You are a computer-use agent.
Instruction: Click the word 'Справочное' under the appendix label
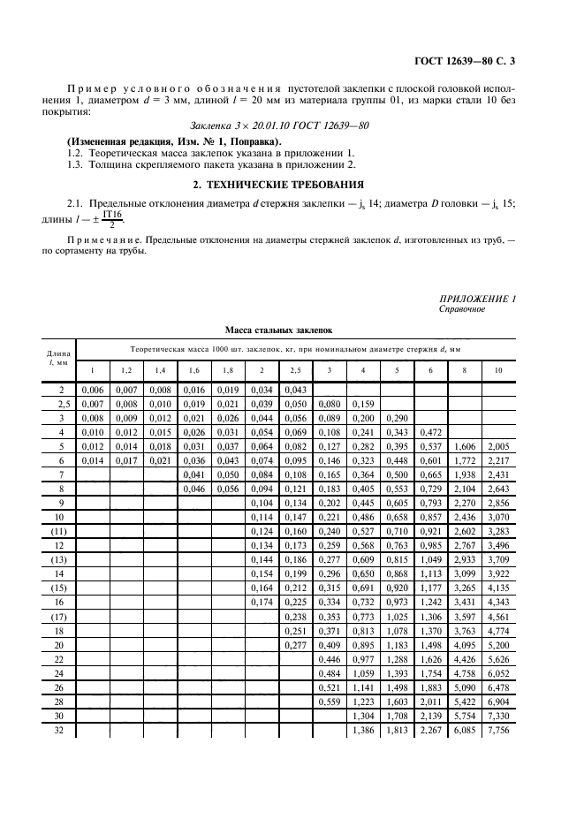(461, 309)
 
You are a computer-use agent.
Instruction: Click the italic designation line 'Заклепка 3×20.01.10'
(279, 125)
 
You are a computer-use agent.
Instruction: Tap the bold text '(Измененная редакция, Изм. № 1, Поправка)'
(174, 141)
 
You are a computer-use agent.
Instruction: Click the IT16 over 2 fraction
(111, 219)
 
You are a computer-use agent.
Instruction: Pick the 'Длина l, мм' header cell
(60, 358)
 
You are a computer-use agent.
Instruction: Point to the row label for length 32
(60, 732)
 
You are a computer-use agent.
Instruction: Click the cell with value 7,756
(497, 732)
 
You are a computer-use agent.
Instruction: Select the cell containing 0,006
(91, 390)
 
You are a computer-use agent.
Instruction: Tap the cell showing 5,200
(497, 645)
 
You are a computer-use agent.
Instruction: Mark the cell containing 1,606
(464, 447)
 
